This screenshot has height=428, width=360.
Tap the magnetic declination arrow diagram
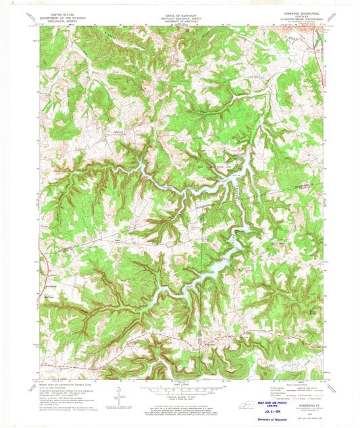pyautogui.click(x=119, y=394)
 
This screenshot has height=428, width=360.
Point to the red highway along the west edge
pyautogui.click(x=42, y=270)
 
